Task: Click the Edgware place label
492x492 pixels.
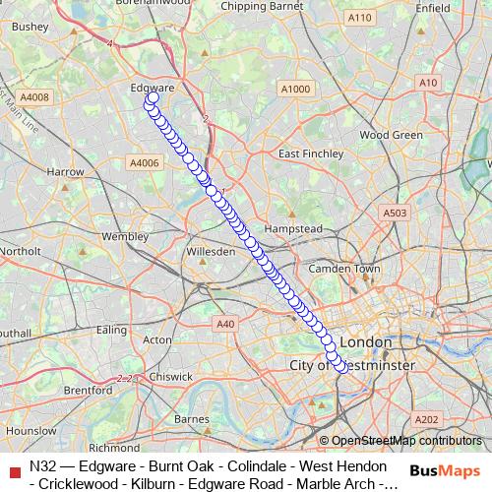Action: (153, 88)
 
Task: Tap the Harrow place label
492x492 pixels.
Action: (65, 171)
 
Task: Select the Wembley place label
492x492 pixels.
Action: (124, 236)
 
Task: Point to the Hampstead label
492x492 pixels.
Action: (293, 228)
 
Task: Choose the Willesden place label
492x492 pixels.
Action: (211, 252)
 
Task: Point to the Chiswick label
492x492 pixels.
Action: (172, 375)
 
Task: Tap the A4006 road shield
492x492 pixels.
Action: (144, 162)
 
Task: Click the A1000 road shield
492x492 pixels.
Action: (294, 90)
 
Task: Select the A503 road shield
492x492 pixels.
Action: (395, 213)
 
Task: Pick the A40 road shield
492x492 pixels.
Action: (225, 323)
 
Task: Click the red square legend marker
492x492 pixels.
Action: (14, 473)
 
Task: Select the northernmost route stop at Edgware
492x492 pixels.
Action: (154, 97)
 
